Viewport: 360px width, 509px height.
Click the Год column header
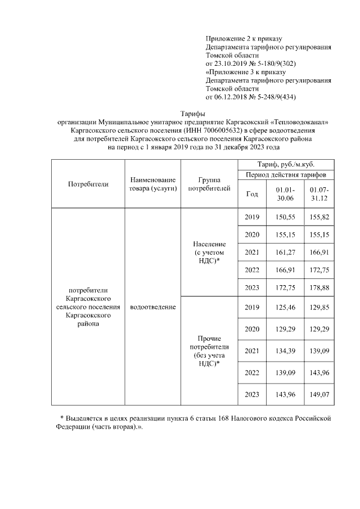pos(253,194)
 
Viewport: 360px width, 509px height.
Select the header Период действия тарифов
pos(287,175)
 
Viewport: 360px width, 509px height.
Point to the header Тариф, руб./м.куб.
pos(287,165)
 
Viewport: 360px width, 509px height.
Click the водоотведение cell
pos(152,307)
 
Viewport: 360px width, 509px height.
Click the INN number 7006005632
pos(220,130)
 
